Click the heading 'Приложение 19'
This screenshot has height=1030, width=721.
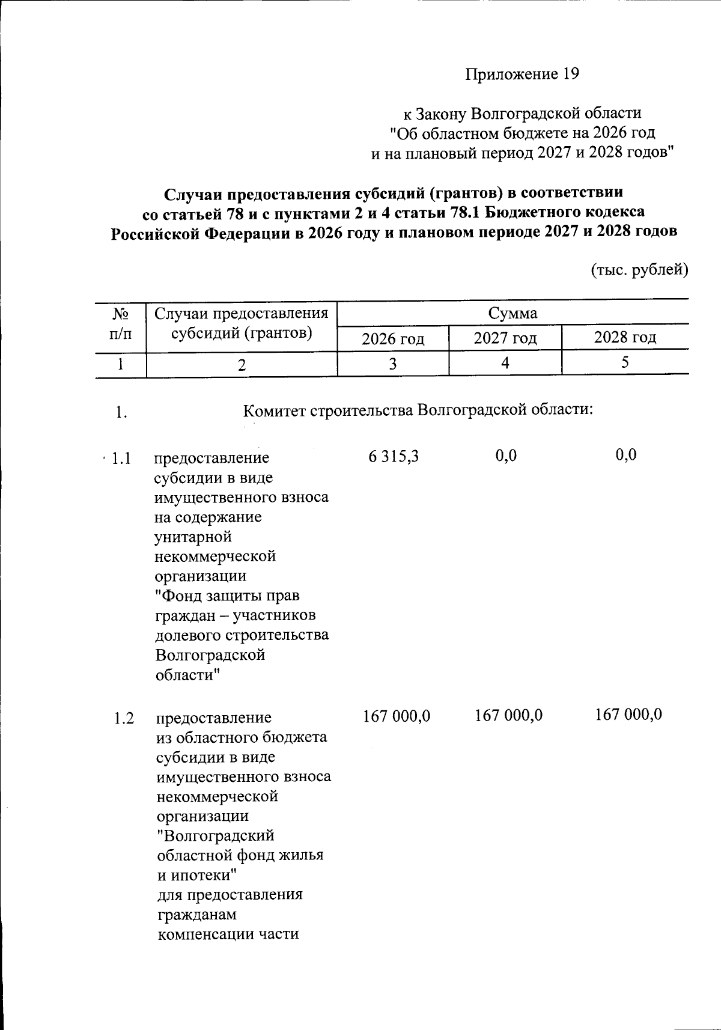point(522,74)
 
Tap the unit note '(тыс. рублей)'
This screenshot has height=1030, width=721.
point(640,270)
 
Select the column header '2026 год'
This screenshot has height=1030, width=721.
point(393,339)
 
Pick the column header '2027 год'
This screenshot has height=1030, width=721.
point(505,338)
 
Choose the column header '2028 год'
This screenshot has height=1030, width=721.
point(625,338)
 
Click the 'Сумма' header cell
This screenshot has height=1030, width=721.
point(513,313)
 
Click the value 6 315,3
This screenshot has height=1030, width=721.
point(394,456)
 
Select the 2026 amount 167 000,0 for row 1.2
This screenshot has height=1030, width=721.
point(397,715)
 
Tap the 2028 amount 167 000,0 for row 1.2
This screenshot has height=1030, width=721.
point(628,715)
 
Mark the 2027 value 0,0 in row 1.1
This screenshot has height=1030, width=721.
point(506,456)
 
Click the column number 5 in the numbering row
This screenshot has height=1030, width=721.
point(625,362)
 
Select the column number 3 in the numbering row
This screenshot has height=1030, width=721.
point(393,364)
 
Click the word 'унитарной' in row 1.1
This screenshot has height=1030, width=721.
point(193,537)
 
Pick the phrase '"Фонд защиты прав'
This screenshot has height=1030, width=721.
point(227,596)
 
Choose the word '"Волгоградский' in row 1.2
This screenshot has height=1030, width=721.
point(215,836)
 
